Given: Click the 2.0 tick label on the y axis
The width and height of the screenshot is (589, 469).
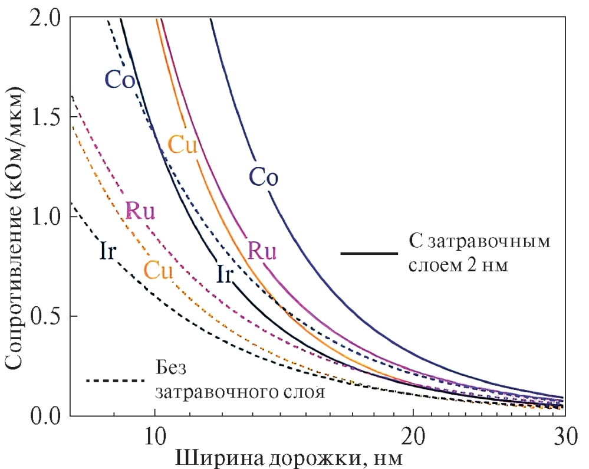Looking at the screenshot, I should click(x=45, y=19).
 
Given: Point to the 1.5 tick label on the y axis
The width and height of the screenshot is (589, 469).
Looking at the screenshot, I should click(x=45, y=118).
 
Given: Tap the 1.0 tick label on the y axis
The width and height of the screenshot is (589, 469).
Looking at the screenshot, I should click(x=45, y=217).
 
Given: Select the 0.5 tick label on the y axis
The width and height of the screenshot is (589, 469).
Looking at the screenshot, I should click(x=45, y=316).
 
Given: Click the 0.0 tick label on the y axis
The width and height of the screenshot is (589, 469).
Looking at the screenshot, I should click(x=45, y=415).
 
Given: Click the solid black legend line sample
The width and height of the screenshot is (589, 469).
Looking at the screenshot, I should click(x=369, y=254).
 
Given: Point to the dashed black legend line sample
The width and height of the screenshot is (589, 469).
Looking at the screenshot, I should click(x=115, y=381).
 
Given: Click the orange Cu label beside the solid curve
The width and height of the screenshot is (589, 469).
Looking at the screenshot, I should click(x=182, y=145).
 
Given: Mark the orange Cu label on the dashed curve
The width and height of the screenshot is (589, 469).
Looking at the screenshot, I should click(x=158, y=271).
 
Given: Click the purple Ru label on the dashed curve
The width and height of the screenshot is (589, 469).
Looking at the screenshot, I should click(x=140, y=211).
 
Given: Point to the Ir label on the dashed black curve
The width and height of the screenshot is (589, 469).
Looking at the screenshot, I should click(x=107, y=252).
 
